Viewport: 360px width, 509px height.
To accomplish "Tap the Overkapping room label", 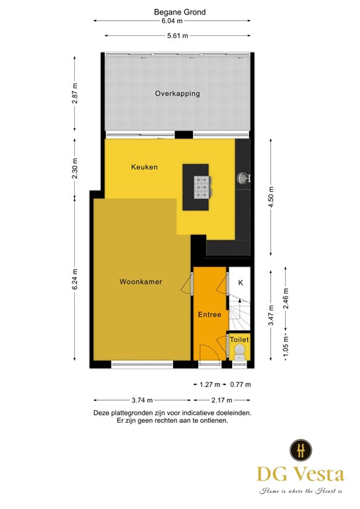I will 177,94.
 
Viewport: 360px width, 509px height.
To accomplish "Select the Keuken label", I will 144,167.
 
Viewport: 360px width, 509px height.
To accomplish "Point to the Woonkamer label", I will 141,282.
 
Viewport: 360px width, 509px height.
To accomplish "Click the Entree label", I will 210,314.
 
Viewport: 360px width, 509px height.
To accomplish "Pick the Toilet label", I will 239,339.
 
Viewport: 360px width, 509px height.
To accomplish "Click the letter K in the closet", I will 240,283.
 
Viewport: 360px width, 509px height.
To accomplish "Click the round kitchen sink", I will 243,177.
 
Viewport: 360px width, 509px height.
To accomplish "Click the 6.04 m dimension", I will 176,21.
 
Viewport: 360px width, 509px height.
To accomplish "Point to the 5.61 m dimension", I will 176,36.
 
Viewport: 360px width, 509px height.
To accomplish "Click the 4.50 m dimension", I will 270,197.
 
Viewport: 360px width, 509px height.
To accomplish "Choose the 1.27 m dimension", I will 210,384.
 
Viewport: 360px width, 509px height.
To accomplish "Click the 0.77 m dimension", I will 240,384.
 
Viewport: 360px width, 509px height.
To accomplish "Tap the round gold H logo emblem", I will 301,450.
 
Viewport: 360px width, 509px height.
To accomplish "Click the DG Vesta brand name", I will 301,475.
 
